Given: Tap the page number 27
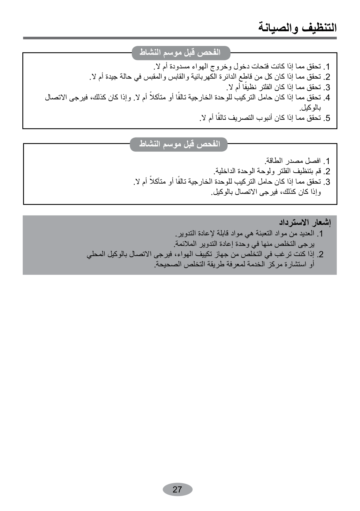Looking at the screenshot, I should coord(177,489).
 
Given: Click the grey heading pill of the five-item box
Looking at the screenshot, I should coord(181,52).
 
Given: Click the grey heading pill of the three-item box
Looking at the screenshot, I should coord(179,144).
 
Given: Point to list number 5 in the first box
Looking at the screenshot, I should coord(326,118).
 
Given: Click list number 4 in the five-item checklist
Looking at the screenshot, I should coord(326,98).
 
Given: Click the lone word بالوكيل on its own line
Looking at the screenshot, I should coord(310,108).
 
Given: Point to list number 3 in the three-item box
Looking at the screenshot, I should coord(326,182).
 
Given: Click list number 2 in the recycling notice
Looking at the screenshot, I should coord(320,255).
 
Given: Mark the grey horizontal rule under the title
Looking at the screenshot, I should coord(180,38).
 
